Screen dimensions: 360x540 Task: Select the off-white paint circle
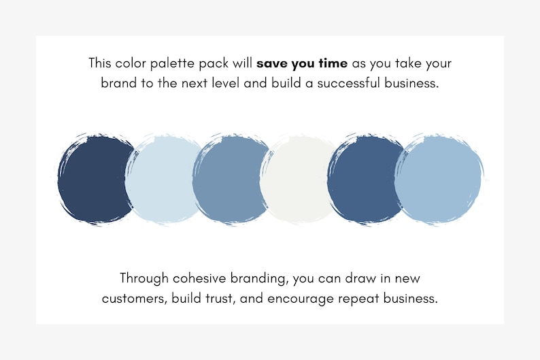[x=298, y=178]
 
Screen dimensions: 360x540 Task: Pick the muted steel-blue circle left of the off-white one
[x=230, y=178]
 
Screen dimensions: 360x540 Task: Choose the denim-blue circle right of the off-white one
[x=365, y=178]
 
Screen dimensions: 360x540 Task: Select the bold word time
[x=332, y=64]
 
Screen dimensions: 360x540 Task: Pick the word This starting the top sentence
[x=100, y=64]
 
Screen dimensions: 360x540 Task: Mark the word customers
[x=131, y=298]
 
